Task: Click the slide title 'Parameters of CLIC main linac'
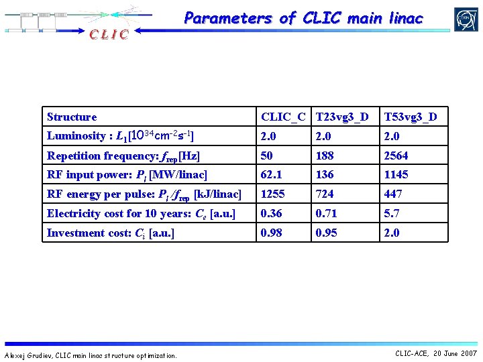[x=303, y=18]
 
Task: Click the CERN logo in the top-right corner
[x=465, y=19]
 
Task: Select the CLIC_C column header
[x=283, y=117]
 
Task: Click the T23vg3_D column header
[x=341, y=117]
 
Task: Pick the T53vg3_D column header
[x=410, y=117]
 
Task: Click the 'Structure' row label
[x=72, y=117]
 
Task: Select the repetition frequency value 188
[x=325, y=156]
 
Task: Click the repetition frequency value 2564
[x=396, y=156]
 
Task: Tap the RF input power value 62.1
[x=272, y=174]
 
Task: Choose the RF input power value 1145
[x=396, y=174]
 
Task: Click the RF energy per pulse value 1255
[x=273, y=194]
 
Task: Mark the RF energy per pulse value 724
[x=325, y=194]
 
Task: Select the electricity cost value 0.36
[x=272, y=213]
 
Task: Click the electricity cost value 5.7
[x=391, y=213]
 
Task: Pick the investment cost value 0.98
[x=272, y=233]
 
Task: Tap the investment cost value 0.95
[x=327, y=233]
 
